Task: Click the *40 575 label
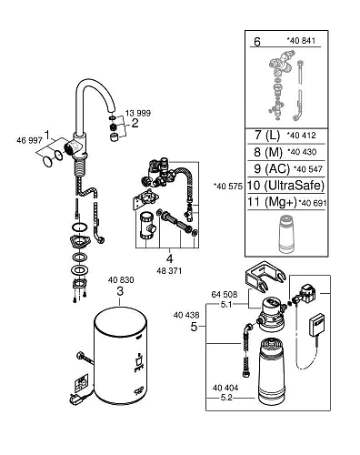click(228, 186)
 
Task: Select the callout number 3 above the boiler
click(121, 290)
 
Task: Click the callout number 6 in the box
click(256, 43)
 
